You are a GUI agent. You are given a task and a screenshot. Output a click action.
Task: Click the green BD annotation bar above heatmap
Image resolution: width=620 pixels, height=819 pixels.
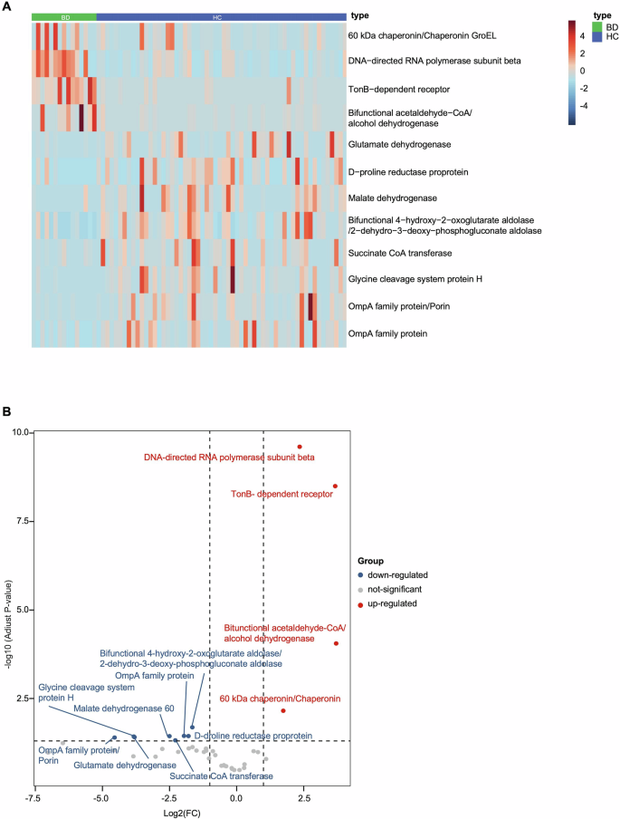[x=63, y=16]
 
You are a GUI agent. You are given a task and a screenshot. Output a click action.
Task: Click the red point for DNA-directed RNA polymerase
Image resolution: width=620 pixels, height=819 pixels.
[x=300, y=447]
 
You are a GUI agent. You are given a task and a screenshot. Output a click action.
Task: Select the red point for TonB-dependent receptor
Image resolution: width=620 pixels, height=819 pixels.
[x=335, y=487]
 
